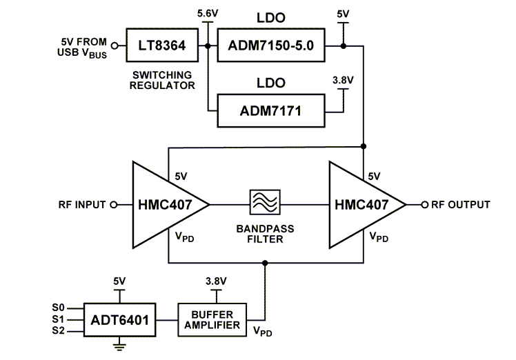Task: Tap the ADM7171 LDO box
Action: (271, 110)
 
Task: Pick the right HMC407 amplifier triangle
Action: (363, 205)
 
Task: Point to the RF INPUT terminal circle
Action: (115, 205)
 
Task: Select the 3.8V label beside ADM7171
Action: (343, 81)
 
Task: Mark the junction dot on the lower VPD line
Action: (264, 262)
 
